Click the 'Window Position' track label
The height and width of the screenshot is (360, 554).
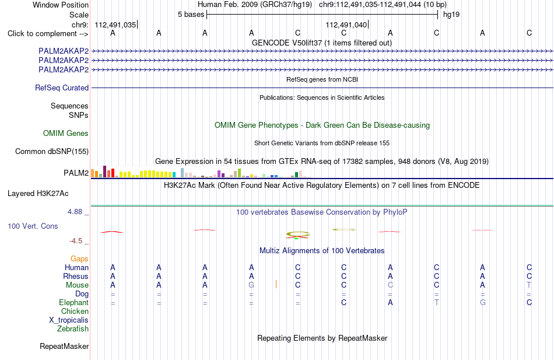tap(61, 5)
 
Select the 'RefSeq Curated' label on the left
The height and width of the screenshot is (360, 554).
tap(62, 88)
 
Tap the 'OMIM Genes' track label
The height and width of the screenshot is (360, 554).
tap(66, 133)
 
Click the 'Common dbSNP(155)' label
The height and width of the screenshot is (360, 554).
tap(52, 151)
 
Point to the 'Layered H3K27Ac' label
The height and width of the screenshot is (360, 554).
tap(38, 194)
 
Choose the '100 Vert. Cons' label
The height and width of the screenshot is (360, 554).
tap(33, 226)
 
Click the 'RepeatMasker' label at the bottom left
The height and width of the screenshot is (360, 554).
tap(64, 346)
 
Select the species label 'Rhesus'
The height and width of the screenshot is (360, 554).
tap(76, 276)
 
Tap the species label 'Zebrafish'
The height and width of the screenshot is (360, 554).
tap(73, 329)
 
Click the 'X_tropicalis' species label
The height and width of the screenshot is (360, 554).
tap(69, 320)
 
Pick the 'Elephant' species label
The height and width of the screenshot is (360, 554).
tap(74, 302)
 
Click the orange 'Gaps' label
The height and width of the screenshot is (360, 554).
tap(79, 259)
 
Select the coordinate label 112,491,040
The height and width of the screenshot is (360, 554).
tap(346, 25)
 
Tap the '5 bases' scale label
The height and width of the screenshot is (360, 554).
tap(191, 15)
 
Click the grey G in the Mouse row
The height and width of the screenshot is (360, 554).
tap(251, 285)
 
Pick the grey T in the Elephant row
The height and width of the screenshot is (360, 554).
tap(437, 302)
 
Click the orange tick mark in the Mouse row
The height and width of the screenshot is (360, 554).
tap(276, 284)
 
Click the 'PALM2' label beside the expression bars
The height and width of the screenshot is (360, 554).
tap(76, 173)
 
